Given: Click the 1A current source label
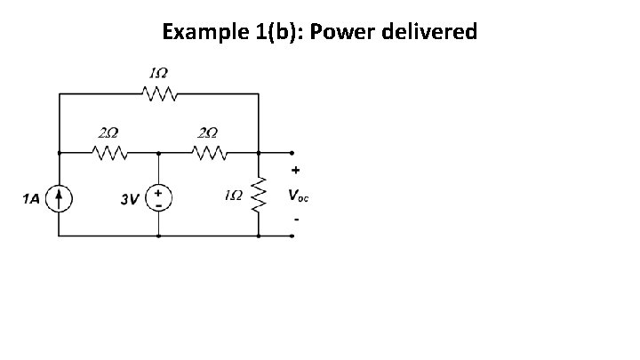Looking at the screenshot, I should pos(32,198).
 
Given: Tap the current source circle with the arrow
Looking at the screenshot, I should pos(60,198).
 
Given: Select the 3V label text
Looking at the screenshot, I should pos(130,199).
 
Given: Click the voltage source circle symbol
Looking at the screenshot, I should pos(158,197).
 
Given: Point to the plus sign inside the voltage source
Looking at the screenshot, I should pos(158,191).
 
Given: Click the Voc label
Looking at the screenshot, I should pos(299,196).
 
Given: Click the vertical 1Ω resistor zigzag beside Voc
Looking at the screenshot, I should pos(258,194).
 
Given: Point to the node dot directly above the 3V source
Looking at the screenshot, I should pos(158,152).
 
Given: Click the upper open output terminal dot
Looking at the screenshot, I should pos(294,152).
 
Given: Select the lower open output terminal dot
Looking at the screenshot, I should pos(294,237).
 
